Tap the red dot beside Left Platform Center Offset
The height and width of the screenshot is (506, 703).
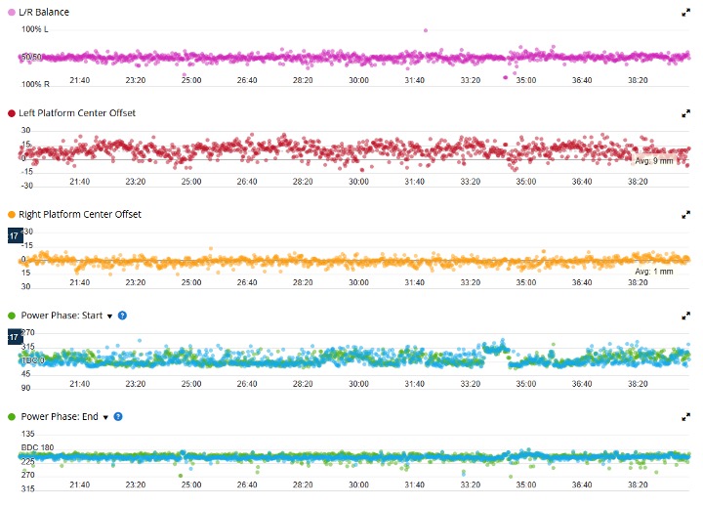coord(12,113)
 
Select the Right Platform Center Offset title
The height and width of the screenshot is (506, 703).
coord(80,214)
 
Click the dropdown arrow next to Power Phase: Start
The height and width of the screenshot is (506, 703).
coord(109,316)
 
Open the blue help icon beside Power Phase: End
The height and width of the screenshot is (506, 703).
coord(118,416)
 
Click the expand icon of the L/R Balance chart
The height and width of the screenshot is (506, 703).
coord(685,12)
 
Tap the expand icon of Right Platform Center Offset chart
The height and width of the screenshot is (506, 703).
coord(685,215)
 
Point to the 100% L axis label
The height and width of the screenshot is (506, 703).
coord(34,29)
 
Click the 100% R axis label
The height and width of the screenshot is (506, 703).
coord(34,84)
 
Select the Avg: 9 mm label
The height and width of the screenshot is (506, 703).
coord(654,160)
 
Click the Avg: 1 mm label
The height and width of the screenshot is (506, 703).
coord(654,271)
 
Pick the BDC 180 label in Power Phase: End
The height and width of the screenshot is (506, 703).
coord(37,448)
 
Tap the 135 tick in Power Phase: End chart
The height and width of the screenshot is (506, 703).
coord(27,434)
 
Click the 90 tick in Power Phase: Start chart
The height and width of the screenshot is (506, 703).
coord(26,374)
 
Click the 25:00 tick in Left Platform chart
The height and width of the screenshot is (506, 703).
coord(191,181)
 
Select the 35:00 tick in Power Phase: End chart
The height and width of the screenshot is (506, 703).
coord(526,485)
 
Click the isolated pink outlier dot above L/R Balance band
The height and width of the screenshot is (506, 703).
coord(426,30)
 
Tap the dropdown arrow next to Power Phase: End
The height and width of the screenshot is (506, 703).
coord(105,417)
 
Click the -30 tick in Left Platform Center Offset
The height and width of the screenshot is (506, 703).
coord(26,185)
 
